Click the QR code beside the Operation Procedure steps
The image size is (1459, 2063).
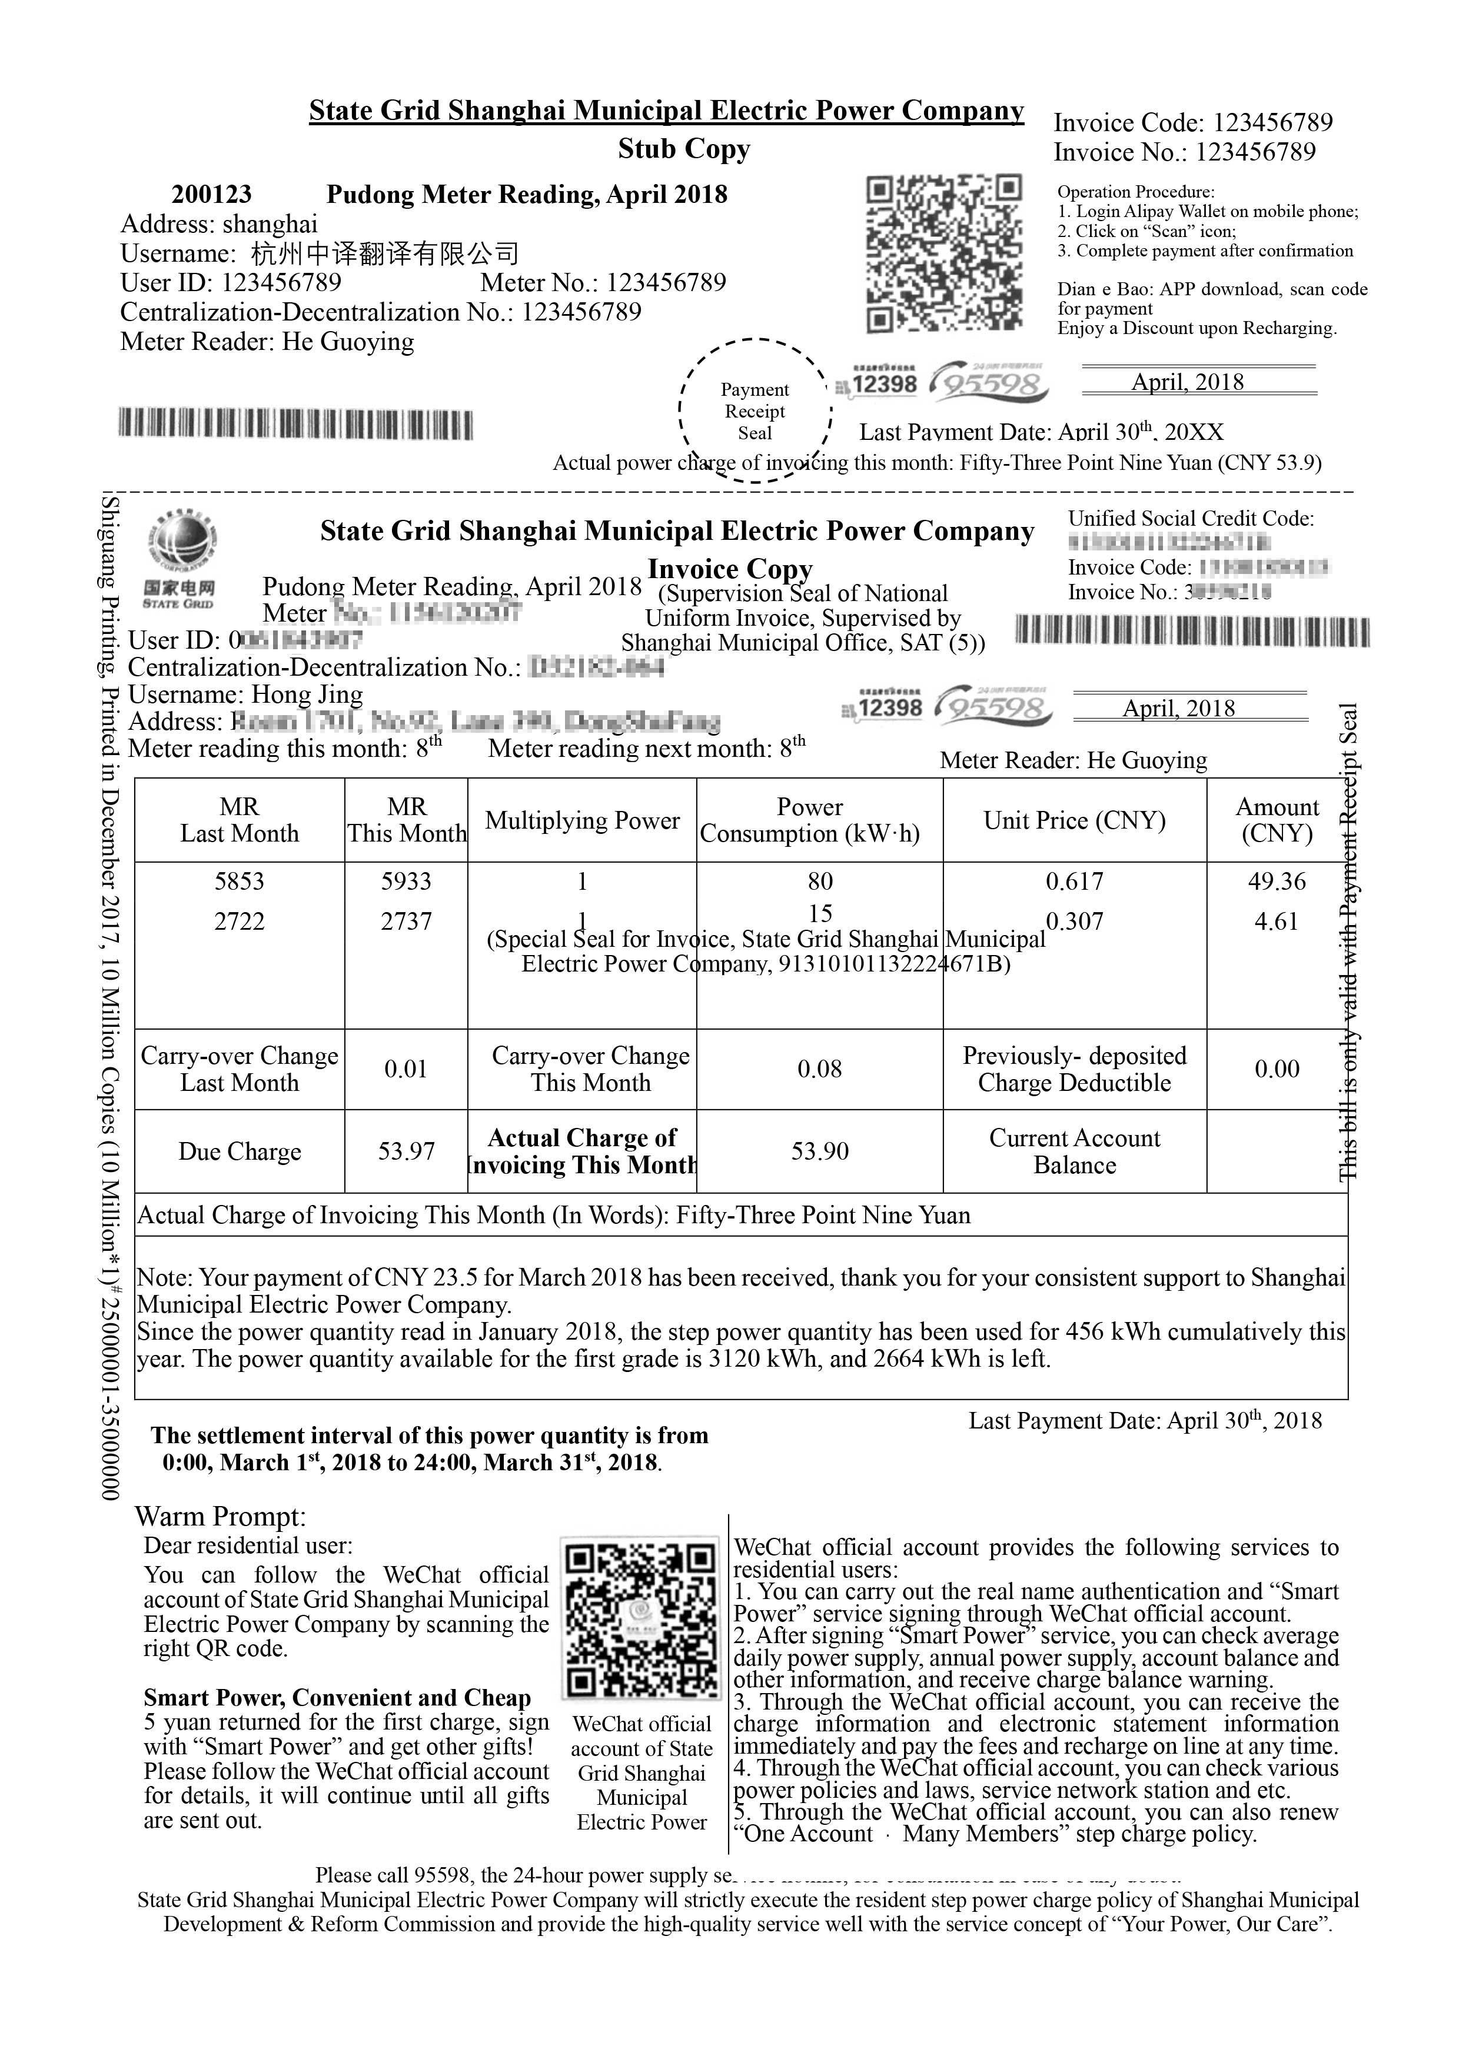(944, 253)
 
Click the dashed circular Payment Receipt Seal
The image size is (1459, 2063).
(755, 410)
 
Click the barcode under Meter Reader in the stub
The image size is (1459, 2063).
(296, 424)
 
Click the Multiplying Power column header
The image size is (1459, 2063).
(583, 820)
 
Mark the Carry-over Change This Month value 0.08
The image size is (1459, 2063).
(820, 1069)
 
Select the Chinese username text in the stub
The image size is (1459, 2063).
(385, 254)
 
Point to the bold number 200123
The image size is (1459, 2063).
(211, 194)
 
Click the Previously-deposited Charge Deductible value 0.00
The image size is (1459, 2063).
(1277, 1069)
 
